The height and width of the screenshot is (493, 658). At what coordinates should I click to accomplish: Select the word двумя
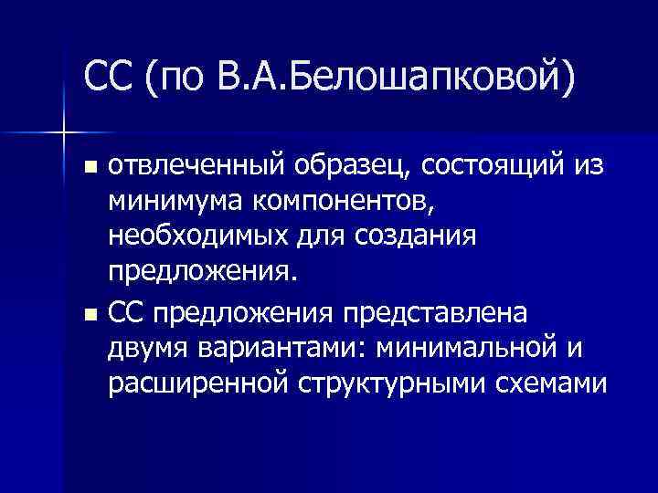[x=145, y=349]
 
